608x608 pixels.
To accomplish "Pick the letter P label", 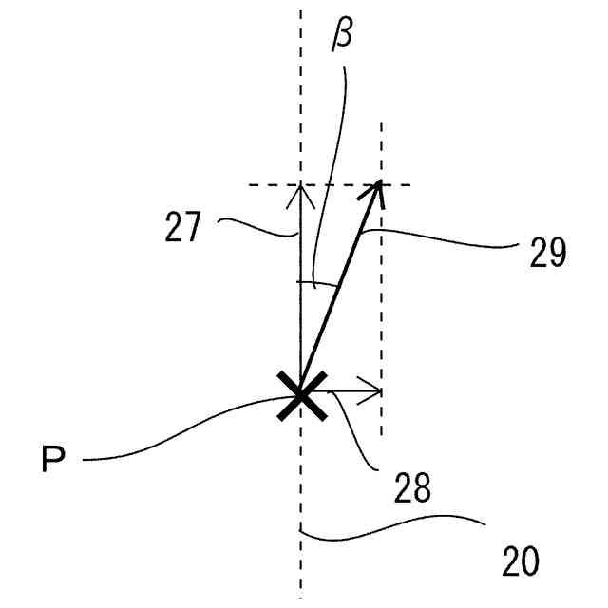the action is pyautogui.click(x=53, y=461).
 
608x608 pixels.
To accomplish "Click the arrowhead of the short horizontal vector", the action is pyautogui.click(x=377, y=390).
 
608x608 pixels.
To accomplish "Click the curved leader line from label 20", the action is pyautogui.click(x=399, y=527).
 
